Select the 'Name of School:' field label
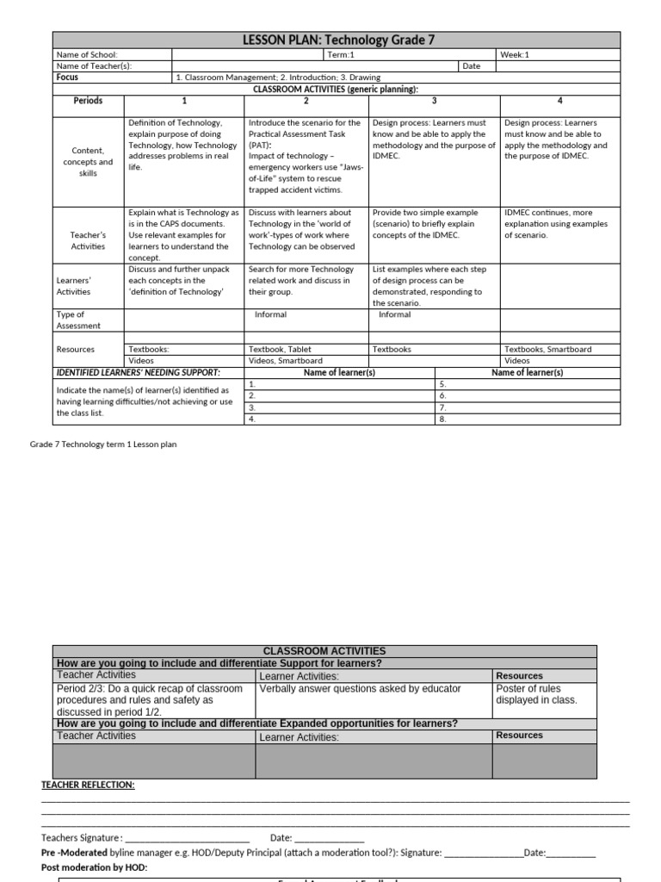pos(86,55)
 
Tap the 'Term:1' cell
pos(342,55)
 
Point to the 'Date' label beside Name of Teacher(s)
pos(471,66)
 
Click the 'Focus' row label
pos(67,78)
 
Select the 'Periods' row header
pos(88,101)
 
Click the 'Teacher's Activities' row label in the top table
pos(88,240)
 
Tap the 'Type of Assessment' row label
pos(78,320)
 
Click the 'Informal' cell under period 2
pos(270,315)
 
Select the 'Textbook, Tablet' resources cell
pos(280,350)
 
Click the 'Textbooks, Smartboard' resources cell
pos(547,350)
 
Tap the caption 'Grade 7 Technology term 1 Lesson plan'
pos(97,444)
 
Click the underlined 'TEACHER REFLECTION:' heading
pos(88,786)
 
